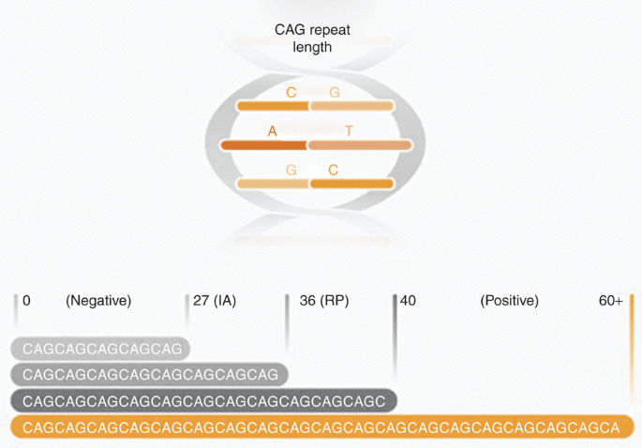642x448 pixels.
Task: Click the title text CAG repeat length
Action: (312, 38)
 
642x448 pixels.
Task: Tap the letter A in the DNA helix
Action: (273, 131)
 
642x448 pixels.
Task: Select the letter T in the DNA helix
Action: (349, 131)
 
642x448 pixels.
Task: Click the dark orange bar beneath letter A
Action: (264, 145)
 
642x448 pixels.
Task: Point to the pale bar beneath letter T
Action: (360, 145)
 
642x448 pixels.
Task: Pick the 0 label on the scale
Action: (26, 301)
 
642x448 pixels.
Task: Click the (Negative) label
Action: (98, 301)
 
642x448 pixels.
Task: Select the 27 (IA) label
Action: (215, 301)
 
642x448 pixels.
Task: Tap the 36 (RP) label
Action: (324, 301)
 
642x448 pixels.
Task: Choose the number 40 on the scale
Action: (409, 301)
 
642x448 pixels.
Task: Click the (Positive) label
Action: (509, 301)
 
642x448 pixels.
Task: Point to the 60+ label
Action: (611, 301)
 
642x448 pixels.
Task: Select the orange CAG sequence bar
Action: (322, 426)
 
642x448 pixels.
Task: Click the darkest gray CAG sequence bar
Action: (204, 400)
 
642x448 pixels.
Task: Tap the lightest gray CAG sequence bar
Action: (100, 349)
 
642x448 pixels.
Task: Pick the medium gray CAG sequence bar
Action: (149, 374)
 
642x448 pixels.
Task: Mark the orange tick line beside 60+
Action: (632, 348)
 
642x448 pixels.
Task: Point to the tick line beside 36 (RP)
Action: (287, 323)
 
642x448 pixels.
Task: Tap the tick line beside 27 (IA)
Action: (187, 311)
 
